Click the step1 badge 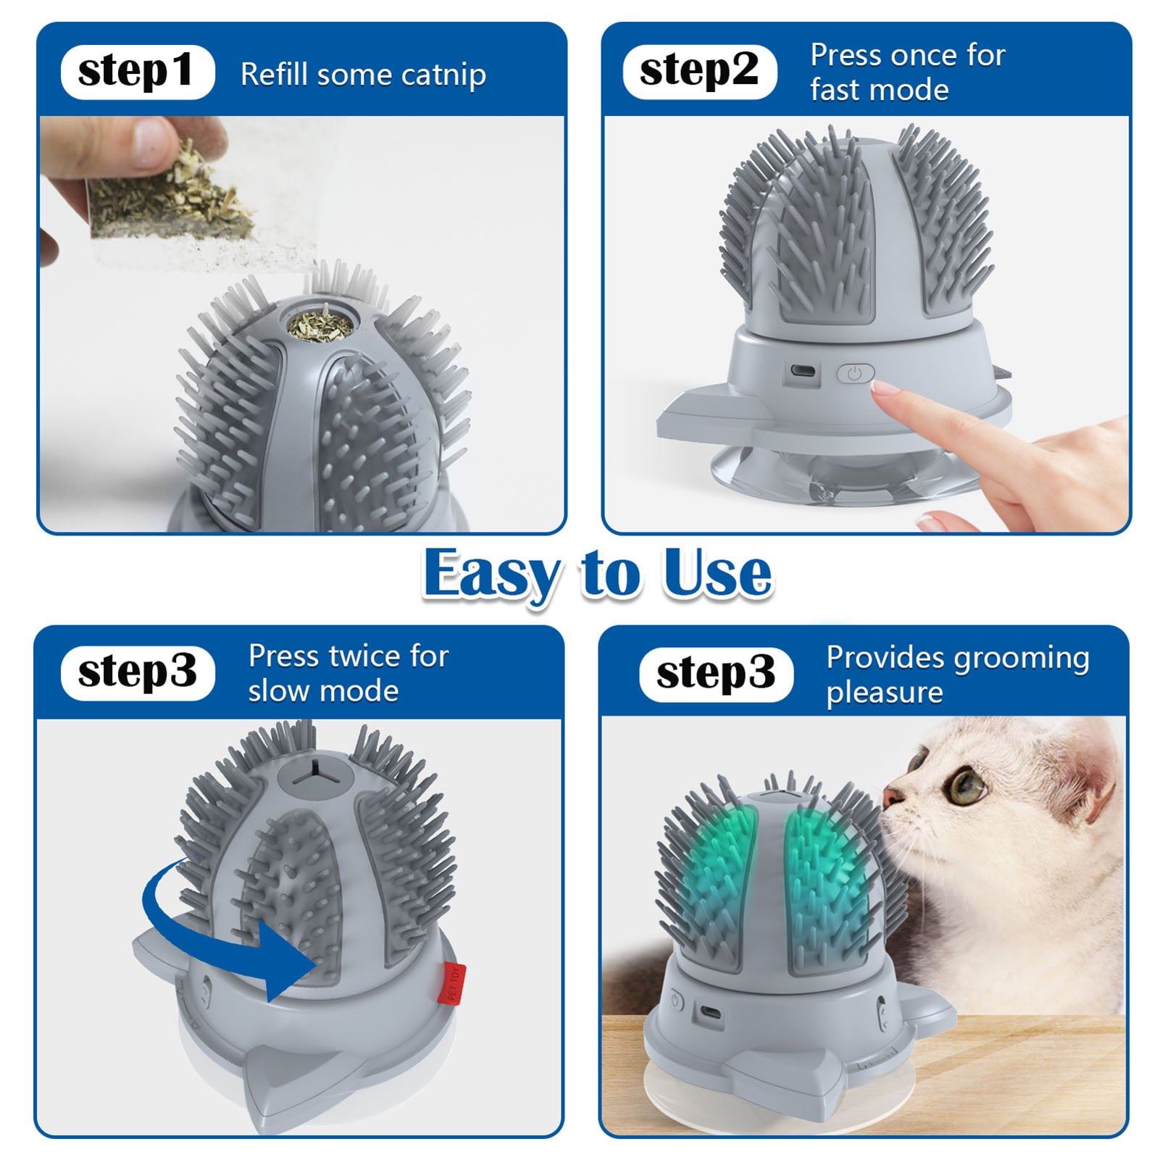tap(137, 72)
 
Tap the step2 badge tap(699, 72)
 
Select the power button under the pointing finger tap(855, 374)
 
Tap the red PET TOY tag tap(454, 983)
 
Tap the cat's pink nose tap(890, 794)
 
